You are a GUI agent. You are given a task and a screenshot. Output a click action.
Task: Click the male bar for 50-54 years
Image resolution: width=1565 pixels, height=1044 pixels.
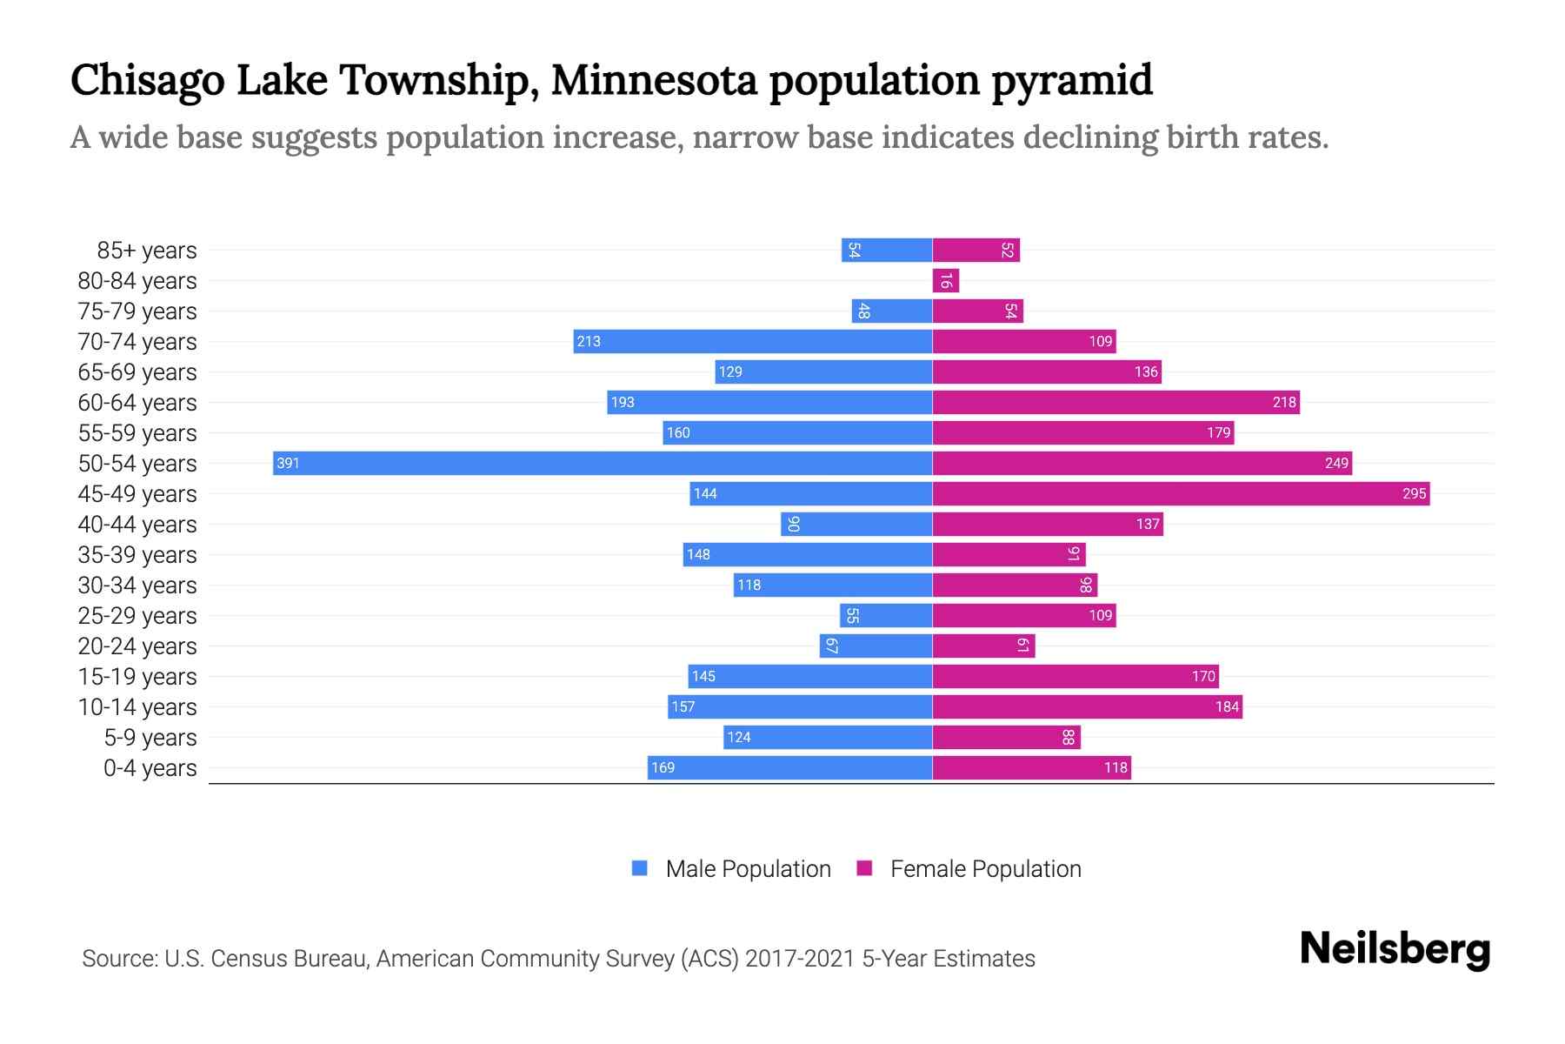[602, 463]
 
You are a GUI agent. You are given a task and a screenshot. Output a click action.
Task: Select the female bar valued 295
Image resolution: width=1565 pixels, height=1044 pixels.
[1181, 493]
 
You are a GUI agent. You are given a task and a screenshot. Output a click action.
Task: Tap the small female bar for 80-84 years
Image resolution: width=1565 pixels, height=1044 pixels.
[945, 280]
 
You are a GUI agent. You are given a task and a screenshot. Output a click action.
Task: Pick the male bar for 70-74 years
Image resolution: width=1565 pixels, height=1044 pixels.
[753, 341]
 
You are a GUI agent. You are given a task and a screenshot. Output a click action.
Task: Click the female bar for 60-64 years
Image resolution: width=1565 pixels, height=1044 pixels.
[1115, 402]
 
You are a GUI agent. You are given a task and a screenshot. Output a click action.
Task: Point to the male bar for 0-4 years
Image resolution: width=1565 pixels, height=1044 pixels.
[789, 767]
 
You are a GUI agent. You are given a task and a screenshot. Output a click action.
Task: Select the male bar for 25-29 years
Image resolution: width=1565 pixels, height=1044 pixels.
[886, 615]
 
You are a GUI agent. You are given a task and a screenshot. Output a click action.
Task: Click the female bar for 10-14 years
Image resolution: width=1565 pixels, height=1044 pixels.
[1087, 706]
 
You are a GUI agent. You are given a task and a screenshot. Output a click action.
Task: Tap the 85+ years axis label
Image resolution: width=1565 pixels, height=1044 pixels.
[146, 251]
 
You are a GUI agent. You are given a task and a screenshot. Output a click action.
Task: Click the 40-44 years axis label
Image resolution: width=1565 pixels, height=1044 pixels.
[137, 525]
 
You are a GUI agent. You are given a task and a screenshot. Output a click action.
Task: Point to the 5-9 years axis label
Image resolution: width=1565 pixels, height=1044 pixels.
[150, 738]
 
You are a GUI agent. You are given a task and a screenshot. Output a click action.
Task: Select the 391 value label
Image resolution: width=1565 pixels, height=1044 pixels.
[288, 463]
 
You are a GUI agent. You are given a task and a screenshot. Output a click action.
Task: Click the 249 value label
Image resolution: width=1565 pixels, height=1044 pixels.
[1336, 463]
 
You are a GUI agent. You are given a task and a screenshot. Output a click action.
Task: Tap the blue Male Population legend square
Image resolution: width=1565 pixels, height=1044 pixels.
[640, 868]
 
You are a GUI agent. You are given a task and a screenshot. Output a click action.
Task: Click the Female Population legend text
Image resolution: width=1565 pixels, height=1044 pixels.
[985, 868]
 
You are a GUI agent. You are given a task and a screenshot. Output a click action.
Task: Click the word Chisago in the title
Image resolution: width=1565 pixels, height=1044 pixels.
[148, 81]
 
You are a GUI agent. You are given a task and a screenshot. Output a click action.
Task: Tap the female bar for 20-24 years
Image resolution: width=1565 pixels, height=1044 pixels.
[983, 646]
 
